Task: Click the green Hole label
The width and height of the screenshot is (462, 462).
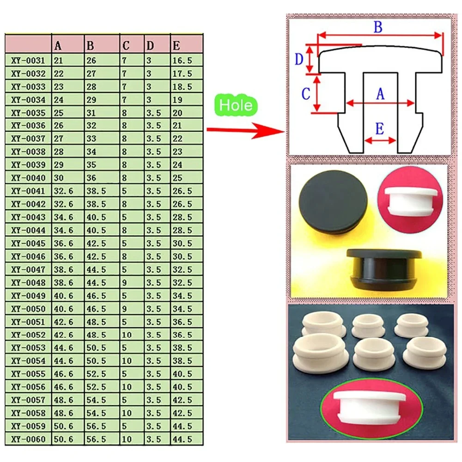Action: pyautogui.click(x=236, y=105)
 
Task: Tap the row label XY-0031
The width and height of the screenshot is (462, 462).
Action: pyautogui.click(x=29, y=61)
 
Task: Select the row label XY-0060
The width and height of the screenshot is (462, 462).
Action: pyautogui.click(x=29, y=439)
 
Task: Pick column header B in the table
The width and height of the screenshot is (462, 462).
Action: pyautogui.click(x=90, y=46)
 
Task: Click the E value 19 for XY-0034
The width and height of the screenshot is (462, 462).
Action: pyautogui.click(x=178, y=100)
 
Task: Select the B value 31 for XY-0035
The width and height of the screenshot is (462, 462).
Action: pyautogui.click(x=91, y=113)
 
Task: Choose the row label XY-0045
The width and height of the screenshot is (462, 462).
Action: pyautogui.click(x=29, y=243)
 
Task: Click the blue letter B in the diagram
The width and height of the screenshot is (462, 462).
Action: pyautogui.click(x=378, y=27)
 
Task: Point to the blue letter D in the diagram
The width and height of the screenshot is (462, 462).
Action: pyautogui.click(x=299, y=59)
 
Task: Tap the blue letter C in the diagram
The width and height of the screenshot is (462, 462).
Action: pyautogui.click(x=305, y=94)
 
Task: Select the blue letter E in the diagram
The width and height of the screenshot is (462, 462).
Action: pyautogui.click(x=379, y=129)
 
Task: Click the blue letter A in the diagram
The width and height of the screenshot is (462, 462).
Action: pyautogui.click(x=380, y=94)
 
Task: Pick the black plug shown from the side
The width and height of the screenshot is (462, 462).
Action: pyautogui.click(x=384, y=270)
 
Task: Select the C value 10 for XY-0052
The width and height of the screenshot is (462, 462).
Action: pyautogui.click(x=127, y=335)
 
